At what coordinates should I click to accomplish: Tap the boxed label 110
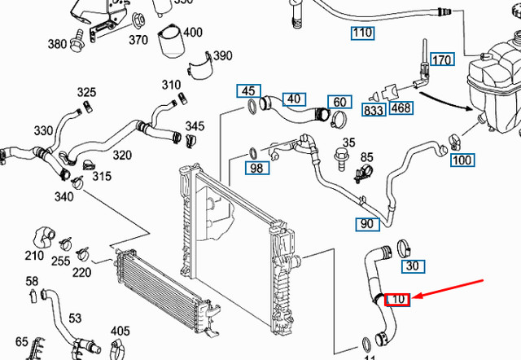pos(362,33)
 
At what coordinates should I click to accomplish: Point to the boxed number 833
pos(374,108)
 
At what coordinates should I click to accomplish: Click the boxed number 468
pos(401,108)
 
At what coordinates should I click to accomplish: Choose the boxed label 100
pos(462,160)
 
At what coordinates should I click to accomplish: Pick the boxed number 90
pos(367,223)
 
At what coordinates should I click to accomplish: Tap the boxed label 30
pos(413,266)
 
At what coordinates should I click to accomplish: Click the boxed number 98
pos(257,169)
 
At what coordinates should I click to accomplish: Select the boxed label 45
pos(248,90)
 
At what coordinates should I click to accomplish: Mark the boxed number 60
pos(339,103)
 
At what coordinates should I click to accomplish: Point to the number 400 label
pos(193,33)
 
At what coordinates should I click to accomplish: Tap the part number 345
pos(195,126)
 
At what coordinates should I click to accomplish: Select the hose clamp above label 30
pos(405,245)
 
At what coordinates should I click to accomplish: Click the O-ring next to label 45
pos(254,108)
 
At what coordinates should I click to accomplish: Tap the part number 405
pos(120,331)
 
